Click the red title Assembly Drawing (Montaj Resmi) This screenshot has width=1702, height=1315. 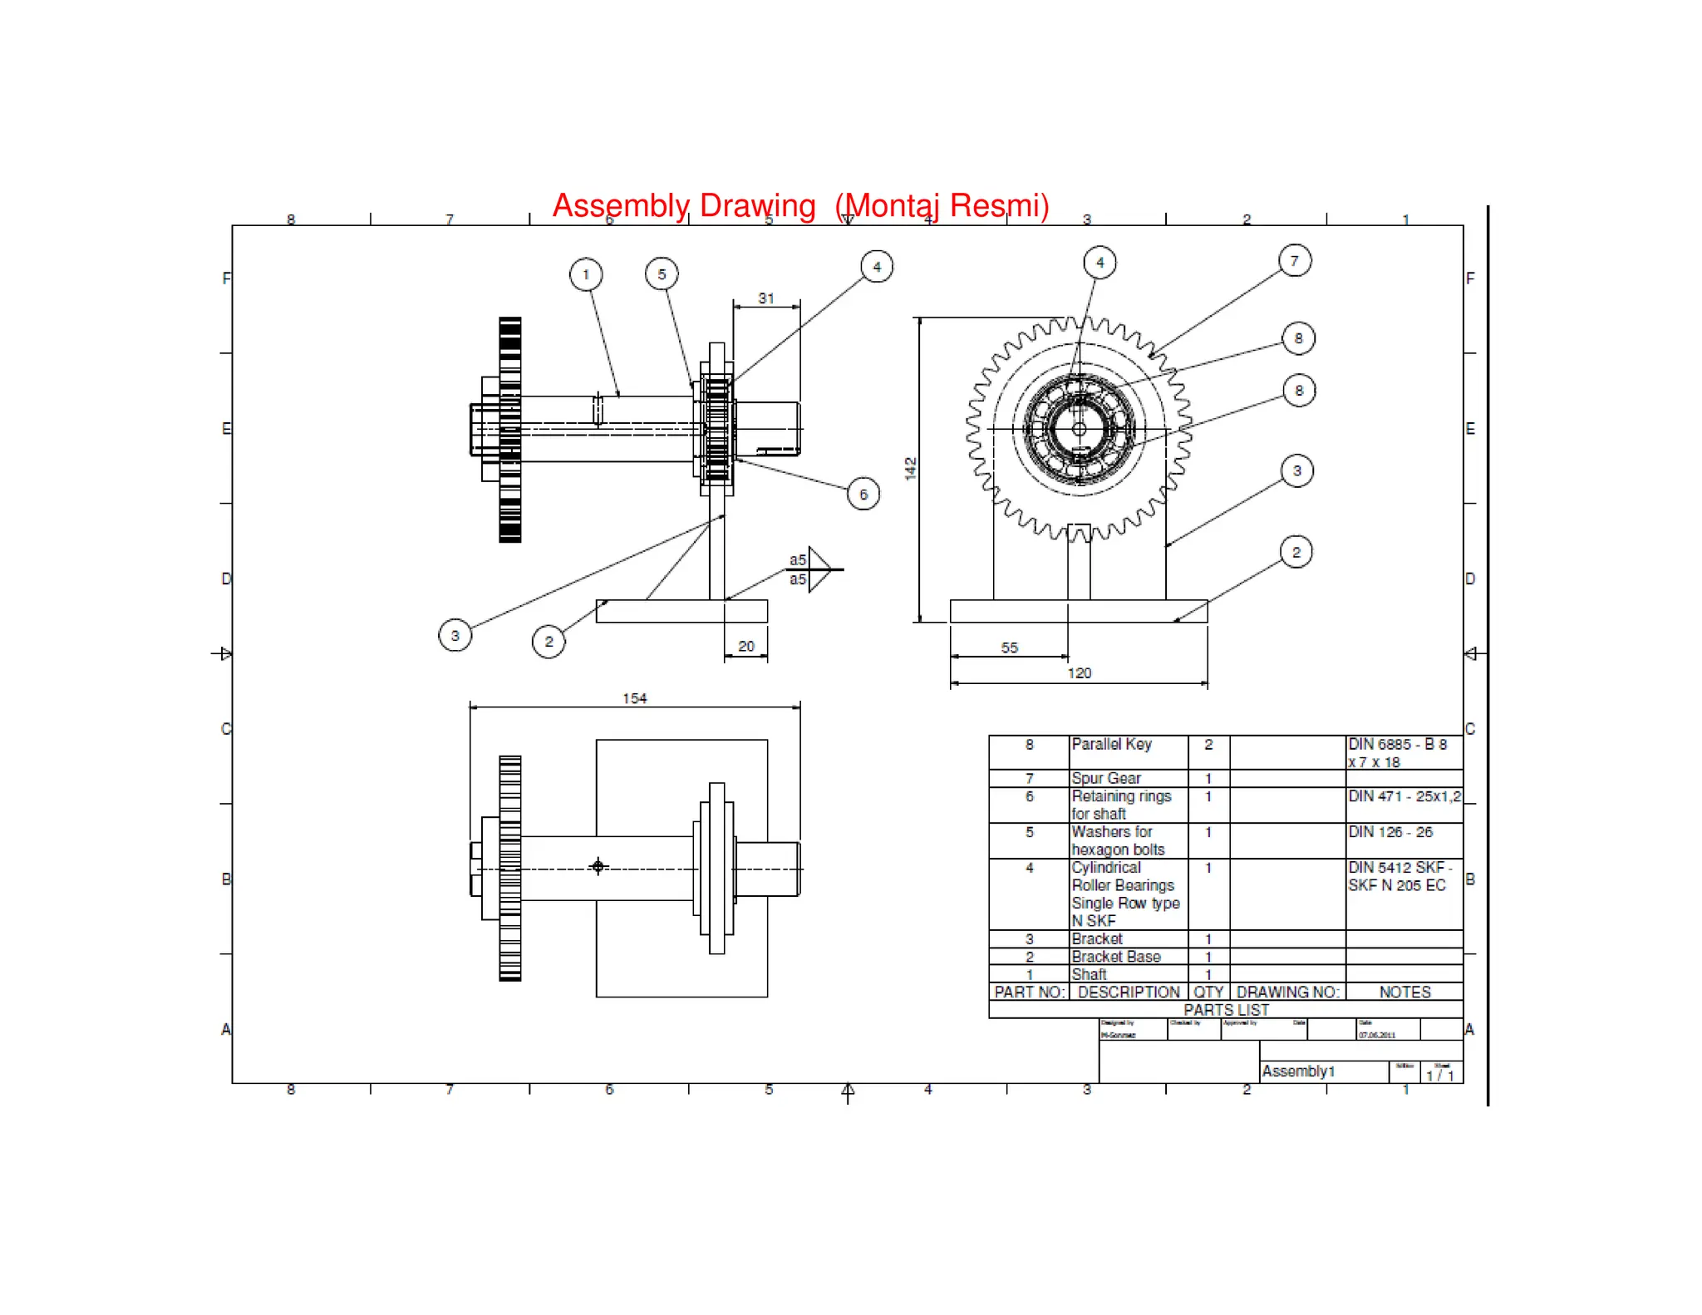tap(800, 205)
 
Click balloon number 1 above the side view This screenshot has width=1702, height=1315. tap(586, 274)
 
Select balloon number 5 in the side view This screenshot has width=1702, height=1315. tap(662, 273)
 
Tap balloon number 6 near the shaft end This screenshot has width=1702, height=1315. tap(863, 495)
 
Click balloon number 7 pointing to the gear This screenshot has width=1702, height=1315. tap(1295, 261)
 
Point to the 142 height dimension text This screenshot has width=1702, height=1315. tap(911, 468)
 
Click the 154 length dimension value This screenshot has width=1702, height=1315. tap(634, 698)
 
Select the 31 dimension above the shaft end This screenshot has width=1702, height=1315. tap(766, 298)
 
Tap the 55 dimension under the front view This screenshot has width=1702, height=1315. tap(1009, 648)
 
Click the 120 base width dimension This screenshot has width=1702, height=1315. tap(1079, 672)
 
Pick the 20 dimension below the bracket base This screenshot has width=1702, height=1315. tap(746, 646)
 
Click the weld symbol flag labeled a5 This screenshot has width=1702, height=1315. tap(818, 569)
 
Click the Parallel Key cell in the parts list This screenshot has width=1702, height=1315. tap(1111, 745)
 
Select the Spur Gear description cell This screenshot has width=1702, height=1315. tap(1106, 779)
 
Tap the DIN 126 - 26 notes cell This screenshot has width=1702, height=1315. tap(1390, 832)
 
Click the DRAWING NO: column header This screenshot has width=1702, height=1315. tap(1287, 992)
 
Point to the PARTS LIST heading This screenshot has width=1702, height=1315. tap(1226, 1010)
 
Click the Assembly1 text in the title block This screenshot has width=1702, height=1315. tap(1298, 1071)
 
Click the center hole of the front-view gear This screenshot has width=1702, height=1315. tap(1079, 429)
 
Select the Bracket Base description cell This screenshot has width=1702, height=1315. tap(1115, 957)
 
